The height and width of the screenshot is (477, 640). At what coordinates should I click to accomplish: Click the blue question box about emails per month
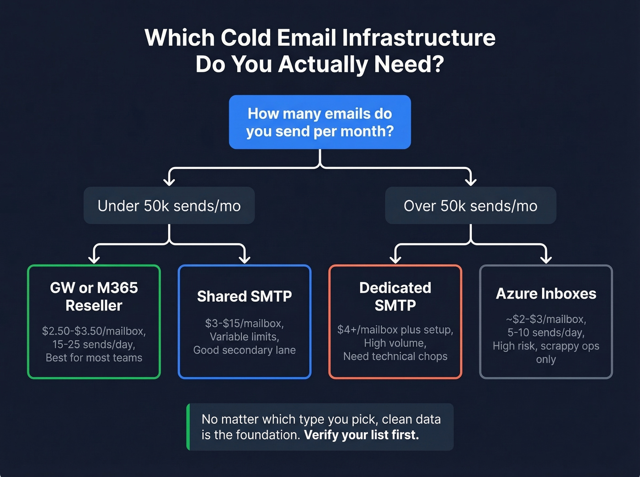320,122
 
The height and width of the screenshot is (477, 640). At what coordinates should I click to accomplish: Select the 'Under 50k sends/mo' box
169,206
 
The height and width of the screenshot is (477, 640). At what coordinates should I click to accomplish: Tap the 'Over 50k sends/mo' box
470,206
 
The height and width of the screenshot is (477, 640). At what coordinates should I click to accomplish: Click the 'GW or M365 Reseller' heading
94,297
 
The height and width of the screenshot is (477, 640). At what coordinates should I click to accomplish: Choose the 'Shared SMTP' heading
244,296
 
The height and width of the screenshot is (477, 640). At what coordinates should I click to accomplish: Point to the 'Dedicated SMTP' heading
395,297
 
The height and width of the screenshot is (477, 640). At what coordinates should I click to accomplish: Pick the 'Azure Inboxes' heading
546,294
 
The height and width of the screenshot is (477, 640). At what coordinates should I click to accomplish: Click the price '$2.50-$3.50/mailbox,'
94,331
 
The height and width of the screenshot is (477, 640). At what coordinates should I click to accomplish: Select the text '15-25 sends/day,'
94,344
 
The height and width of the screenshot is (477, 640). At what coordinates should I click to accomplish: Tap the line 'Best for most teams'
94,358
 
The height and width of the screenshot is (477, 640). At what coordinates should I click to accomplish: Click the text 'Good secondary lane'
244,350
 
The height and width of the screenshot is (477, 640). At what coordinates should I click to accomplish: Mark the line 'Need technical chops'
395,356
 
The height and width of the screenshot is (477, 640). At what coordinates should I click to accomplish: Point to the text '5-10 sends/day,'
546,332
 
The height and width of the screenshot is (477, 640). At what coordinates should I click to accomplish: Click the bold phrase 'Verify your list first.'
361,435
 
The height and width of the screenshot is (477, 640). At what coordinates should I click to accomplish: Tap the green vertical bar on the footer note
188,427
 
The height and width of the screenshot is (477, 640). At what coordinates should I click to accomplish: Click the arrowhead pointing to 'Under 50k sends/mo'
169,182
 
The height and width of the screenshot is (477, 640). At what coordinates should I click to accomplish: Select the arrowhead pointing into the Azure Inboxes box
546,259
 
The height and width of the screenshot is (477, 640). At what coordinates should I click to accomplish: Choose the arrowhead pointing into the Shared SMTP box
245,259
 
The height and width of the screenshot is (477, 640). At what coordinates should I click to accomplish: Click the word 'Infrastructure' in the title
418,37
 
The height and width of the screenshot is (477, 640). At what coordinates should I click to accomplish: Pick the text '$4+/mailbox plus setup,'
395,330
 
